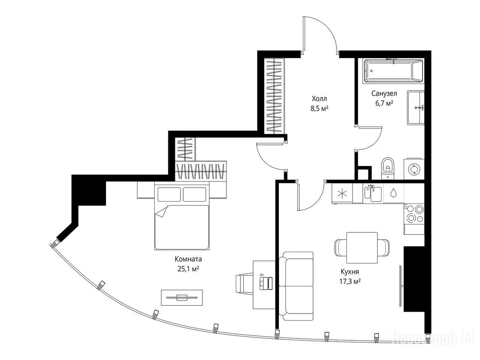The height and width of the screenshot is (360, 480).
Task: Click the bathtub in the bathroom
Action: click(x=394, y=71)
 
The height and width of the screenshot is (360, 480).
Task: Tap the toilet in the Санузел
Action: click(x=388, y=168)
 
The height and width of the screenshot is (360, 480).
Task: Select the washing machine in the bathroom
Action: click(x=414, y=169)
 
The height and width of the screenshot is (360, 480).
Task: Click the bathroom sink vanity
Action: click(x=416, y=107)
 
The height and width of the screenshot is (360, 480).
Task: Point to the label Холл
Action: click(x=319, y=98)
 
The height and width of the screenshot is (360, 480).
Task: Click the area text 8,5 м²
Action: click(x=319, y=108)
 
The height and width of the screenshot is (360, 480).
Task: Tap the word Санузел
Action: click(x=384, y=93)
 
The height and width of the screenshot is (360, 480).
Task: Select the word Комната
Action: click(x=188, y=259)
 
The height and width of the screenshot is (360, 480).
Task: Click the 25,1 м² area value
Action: click(x=188, y=269)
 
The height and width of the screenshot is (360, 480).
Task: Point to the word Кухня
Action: click(x=350, y=271)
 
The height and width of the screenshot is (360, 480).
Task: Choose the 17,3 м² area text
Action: click(x=350, y=281)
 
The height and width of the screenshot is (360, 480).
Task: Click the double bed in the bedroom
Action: click(x=182, y=216)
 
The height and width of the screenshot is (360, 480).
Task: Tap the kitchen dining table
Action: click(x=362, y=247)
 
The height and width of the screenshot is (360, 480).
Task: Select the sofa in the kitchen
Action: click(x=296, y=286)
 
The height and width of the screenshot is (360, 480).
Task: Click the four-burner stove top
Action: click(x=414, y=214)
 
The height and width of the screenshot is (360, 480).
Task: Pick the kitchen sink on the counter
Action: click(x=373, y=194)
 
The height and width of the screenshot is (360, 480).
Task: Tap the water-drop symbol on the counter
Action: click(x=393, y=193)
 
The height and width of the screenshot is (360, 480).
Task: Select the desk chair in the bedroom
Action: click(x=244, y=283)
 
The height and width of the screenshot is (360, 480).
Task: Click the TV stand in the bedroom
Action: click(x=182, y=297)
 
